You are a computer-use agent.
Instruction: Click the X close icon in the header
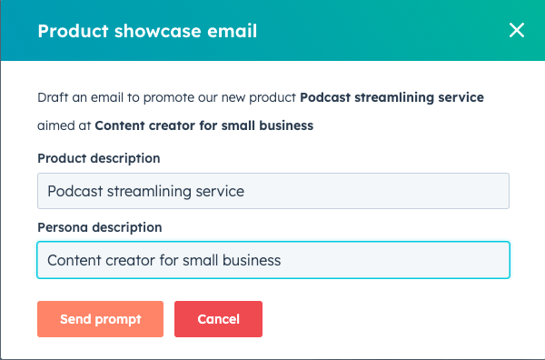[x=517, y=30]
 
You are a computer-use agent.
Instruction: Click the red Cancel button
[x=218, y=319]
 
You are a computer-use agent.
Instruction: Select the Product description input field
[x=272, y=192]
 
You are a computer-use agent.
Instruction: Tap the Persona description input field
[x=272, y=260]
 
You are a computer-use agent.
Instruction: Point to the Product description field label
[x=99, y=158]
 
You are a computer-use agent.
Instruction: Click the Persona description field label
[x=99, y=226]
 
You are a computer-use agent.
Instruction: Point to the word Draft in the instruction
[x=52, y=98]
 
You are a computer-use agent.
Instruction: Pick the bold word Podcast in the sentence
[x=325, y=98]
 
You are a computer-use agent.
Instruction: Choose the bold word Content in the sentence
[x=121, y=126]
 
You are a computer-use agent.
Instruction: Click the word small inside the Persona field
[x=198, y=260]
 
